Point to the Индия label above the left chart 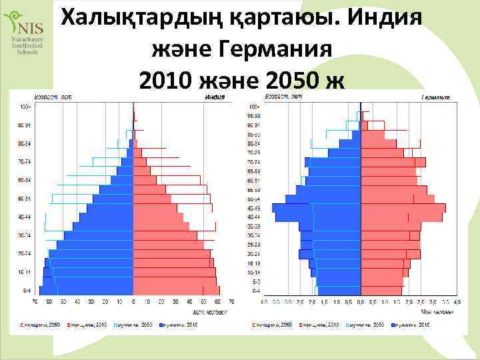tap(213, 97)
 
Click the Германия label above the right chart tap(435, 97)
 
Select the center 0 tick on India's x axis tap(133, 302)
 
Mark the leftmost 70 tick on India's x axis tap(35, 302)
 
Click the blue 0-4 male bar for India tap(87, 290)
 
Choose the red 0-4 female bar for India tap(175, 290)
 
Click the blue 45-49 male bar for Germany tap(317, 209)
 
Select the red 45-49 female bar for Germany tap(403, 209)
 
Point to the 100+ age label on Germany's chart tap(253, 107)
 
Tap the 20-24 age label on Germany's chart tap(253, 254)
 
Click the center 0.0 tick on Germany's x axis tap(361, 302)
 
